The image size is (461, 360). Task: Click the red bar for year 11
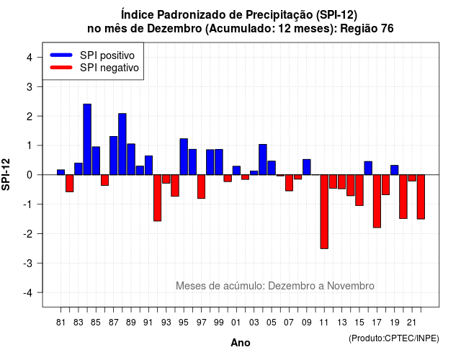(x=324, y=212)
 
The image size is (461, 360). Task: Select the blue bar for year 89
(x=131, y=159)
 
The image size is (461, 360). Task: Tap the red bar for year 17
(x=377, y=202)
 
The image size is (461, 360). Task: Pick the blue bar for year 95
(x=184, y=157)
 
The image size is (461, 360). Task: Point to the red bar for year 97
(x=201, y=186)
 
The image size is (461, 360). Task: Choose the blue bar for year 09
(x=307, y=167)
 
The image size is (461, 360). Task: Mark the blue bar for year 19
(x=394, y=170)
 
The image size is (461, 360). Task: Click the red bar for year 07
(x=289, y=183)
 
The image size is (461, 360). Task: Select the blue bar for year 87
(x=114, y=156)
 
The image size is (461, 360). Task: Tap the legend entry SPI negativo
(x=94, y=68)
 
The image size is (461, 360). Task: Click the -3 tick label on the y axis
(x=27, y=264)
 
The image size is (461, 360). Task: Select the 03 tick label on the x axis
(x=254, y=323)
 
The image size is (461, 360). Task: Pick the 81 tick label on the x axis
(x=61, y=323)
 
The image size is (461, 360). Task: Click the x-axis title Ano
(x=241, y=343)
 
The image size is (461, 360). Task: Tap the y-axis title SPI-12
(x=6, y=174)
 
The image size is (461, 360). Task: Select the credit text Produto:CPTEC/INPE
(x=394, y=338)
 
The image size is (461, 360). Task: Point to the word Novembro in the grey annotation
(x=351, y=286)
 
